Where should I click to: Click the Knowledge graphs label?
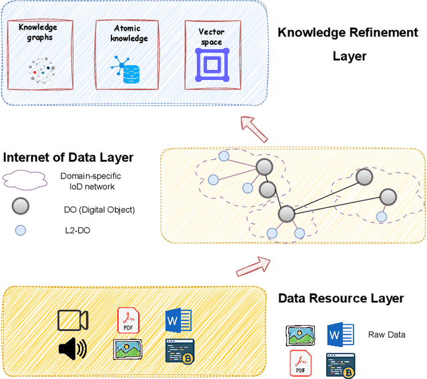[38, 32]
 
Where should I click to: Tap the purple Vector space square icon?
[211, 65]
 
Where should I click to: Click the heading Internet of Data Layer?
[68, 158]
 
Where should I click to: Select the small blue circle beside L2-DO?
[21, 230]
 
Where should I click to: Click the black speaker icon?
[71, 348]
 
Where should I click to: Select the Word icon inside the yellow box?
[178, 320]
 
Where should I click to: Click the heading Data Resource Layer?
[340, 298]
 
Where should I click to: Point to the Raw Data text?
[386, 334]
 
